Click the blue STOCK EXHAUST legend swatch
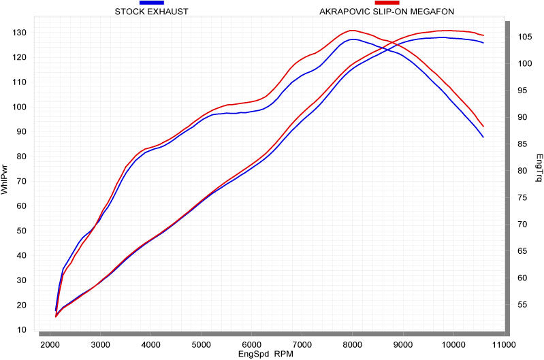(151, 3)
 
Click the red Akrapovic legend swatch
(387, 3)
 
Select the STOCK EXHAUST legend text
(151, 12)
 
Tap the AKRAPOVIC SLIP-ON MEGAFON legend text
(387, 12)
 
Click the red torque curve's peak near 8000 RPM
(352, 30)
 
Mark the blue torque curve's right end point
(483, 137)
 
